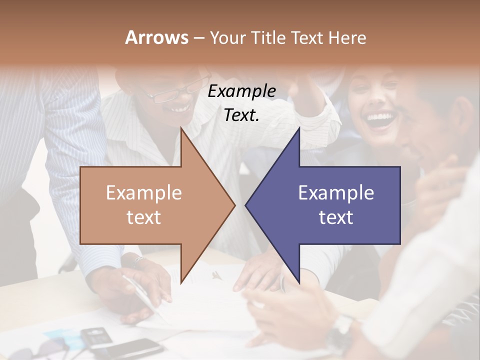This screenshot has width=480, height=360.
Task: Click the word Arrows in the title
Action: point(156,37)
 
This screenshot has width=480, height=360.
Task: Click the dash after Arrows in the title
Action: point(198,38)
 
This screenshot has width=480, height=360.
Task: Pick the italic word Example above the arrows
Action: point(241,91)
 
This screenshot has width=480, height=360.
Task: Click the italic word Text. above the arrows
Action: point(241,115)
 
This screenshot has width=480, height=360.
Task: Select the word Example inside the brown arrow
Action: point(144,193)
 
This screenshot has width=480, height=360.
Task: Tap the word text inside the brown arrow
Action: point(144,217)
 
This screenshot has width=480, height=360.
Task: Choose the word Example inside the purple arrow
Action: point(336,193)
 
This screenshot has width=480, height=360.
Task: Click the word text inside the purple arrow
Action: point(336,217)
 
